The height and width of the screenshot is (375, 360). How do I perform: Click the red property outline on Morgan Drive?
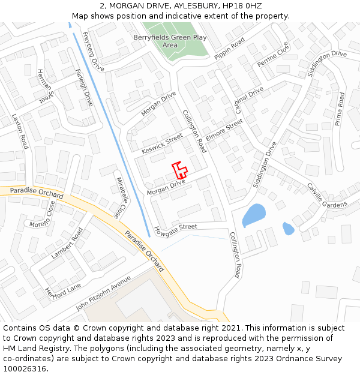click(x=179, y=169)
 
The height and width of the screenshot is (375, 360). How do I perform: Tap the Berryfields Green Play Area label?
click(x=170, y=41)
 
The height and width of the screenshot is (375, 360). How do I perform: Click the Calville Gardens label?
click(x=327, y=196)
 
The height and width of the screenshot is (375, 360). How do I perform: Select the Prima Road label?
click(x=340, y=109)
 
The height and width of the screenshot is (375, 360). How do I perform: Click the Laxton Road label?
click(x=20, y=131)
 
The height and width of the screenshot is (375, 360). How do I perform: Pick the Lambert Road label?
click(x=67, y=243)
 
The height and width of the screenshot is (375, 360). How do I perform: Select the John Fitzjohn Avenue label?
click(x=103, y=293)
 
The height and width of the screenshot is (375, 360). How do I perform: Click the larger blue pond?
click(x=253, y=214)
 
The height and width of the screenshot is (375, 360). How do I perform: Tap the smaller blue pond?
click(x=288, y=229)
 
